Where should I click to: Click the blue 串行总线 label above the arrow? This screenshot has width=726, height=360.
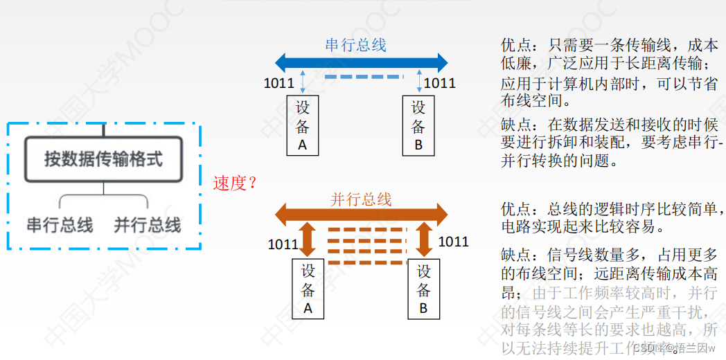tap(355, 46)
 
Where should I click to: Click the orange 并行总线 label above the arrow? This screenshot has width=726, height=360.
tap(361, 199)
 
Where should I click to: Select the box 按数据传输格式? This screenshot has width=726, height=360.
tap(103, 159)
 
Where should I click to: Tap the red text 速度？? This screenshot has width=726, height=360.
tap(236, 183)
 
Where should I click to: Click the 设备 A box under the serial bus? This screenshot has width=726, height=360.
tap(302, 126)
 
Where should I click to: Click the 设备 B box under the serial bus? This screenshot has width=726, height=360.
tap(418, 126)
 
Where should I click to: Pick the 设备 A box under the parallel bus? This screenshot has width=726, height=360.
tap(308, 289)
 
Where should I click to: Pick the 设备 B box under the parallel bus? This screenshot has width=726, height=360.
tap(423, 289)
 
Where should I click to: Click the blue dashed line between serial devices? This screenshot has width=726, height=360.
tap(363, 77)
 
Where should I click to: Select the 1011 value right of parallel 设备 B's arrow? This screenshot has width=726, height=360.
tap(453, 242)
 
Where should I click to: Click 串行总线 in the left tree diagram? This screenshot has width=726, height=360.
tap(60, 225)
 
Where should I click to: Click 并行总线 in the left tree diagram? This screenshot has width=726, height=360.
tap(147, 225)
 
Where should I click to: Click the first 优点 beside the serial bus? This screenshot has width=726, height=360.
tap(515, 46)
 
